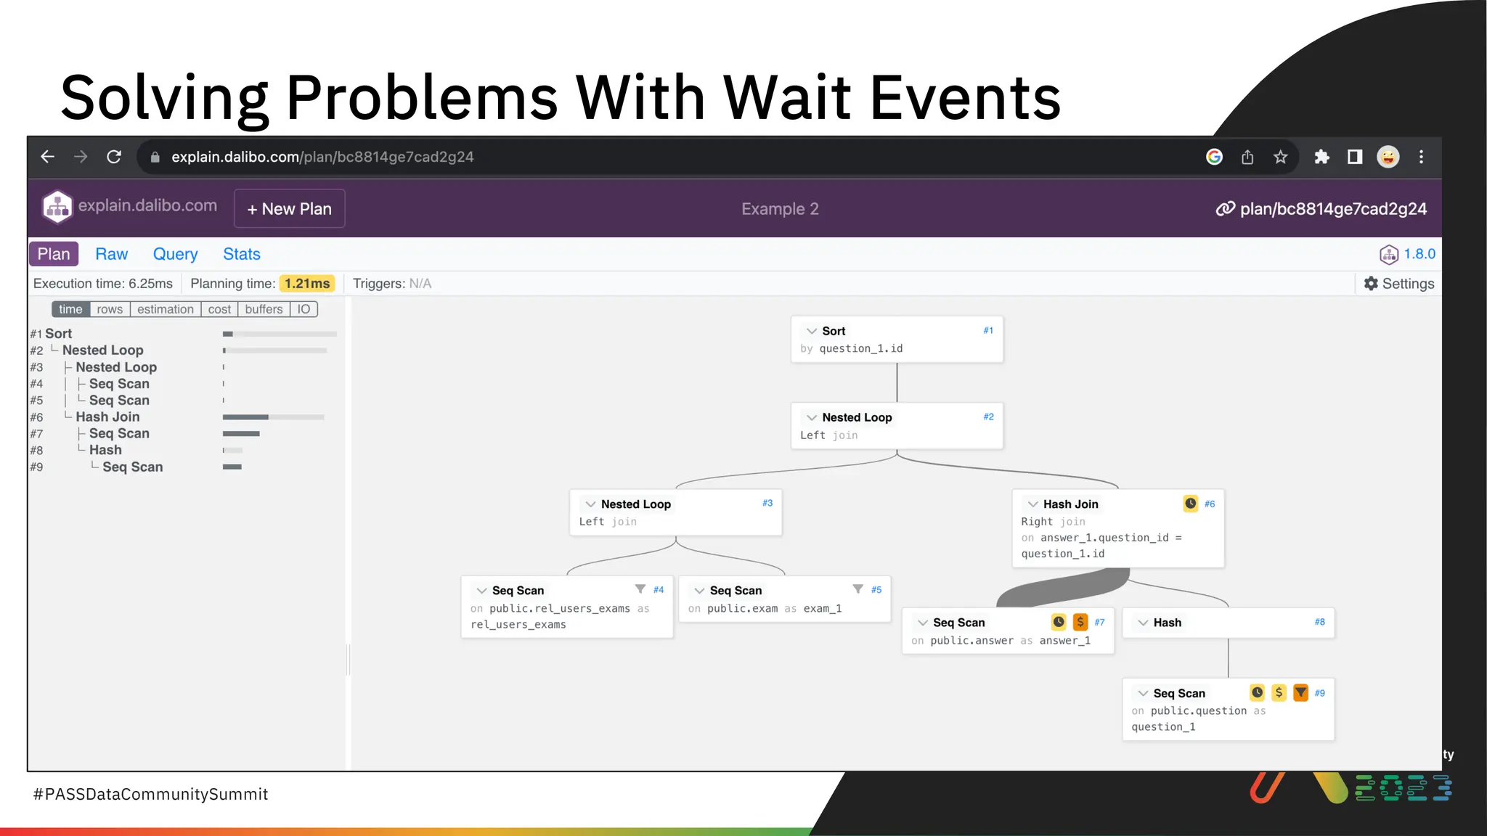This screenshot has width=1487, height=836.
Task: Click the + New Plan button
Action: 289,209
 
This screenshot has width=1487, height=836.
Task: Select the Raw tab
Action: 111,254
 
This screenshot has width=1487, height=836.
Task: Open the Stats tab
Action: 241,254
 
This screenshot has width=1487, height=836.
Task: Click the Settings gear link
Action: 1398,284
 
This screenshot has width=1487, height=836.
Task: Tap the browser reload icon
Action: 114,157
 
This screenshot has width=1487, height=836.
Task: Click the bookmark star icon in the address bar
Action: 1280,157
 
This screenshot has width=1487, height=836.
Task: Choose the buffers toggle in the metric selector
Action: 264,309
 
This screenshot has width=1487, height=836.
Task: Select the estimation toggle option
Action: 165,309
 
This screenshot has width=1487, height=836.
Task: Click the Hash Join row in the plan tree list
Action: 107,417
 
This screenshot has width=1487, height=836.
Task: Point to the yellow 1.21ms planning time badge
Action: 307,284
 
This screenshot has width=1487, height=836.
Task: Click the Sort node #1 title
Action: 834,331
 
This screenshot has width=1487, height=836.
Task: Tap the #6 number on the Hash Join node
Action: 1209,504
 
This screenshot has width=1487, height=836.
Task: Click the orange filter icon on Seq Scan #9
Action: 1300,692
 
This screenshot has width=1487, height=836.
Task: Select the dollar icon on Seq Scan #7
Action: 1080,622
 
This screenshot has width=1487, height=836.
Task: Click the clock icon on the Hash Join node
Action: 1190,504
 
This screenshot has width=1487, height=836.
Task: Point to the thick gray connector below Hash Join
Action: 1064,588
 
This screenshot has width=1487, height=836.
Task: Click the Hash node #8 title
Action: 1167,623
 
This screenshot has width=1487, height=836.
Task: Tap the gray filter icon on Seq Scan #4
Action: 640,589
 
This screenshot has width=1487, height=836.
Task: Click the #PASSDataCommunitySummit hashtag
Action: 151,794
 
